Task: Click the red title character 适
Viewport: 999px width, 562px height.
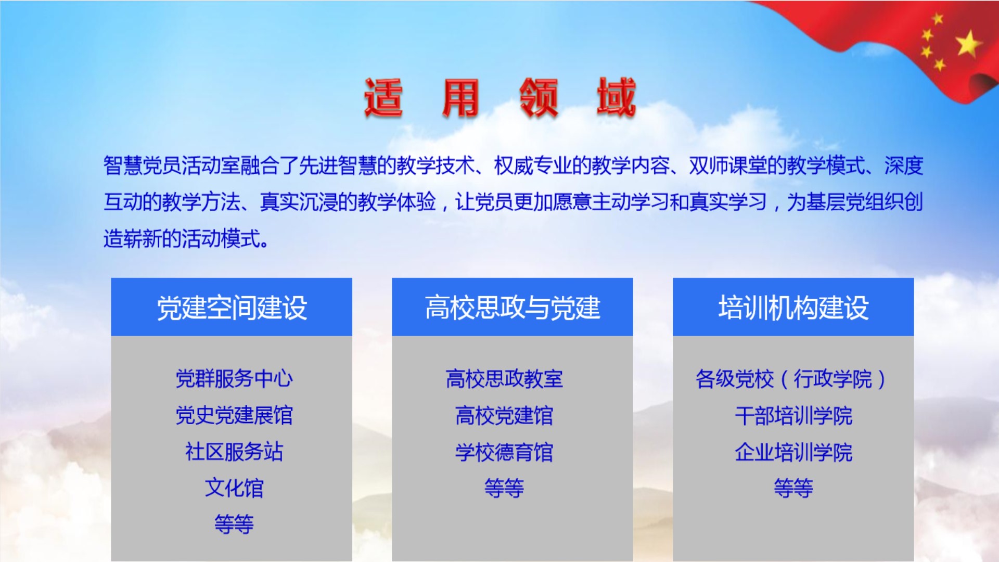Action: point(383,97)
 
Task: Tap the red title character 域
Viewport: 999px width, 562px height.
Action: point(617,97)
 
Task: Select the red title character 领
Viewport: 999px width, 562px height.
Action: point(539,97)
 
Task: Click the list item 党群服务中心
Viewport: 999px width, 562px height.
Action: point(234,378)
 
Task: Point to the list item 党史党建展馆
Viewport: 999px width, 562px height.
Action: point(234,415)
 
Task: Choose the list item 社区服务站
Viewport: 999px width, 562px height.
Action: point(234,452)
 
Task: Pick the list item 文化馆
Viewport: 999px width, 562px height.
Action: point(234,488)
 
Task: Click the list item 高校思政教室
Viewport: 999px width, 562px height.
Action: point(504,378)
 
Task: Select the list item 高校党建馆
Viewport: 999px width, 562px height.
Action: point(504,415)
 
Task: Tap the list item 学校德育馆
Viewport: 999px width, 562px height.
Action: point(504,452)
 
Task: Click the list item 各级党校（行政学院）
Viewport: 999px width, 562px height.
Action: point(791,378)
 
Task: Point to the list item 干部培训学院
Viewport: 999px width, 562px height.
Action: point(793,415)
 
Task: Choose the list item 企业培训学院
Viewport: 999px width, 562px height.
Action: point(793,452)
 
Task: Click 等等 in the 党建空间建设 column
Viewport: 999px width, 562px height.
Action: point(234,524)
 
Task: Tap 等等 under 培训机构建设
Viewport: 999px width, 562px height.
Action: point(793,488)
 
